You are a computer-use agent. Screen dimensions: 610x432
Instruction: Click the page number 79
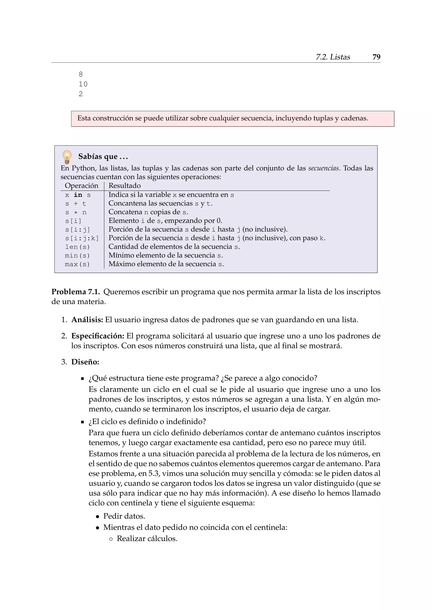376,57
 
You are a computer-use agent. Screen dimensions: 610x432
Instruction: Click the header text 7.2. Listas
333,57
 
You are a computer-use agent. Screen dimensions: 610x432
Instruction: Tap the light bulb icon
67,157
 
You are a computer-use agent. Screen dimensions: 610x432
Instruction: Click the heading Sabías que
103,157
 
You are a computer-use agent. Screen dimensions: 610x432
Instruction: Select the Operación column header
81,186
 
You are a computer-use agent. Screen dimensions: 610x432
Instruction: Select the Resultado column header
124,186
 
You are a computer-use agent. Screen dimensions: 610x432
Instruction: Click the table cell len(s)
77,247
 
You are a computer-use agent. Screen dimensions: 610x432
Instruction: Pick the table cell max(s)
77,264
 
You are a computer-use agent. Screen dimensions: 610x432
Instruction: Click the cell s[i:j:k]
82,238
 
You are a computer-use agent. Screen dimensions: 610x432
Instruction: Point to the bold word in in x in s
78,195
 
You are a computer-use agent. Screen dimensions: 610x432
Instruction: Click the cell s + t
76,204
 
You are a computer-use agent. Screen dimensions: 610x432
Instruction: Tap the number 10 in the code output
83,84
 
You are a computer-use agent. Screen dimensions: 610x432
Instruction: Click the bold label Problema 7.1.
76,292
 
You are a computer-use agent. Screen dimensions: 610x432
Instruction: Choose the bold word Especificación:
98,336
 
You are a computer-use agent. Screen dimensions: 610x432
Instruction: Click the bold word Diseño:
85,362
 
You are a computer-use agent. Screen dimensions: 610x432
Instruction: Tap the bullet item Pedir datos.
124,516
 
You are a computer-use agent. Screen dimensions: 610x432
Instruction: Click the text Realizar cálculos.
147,539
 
